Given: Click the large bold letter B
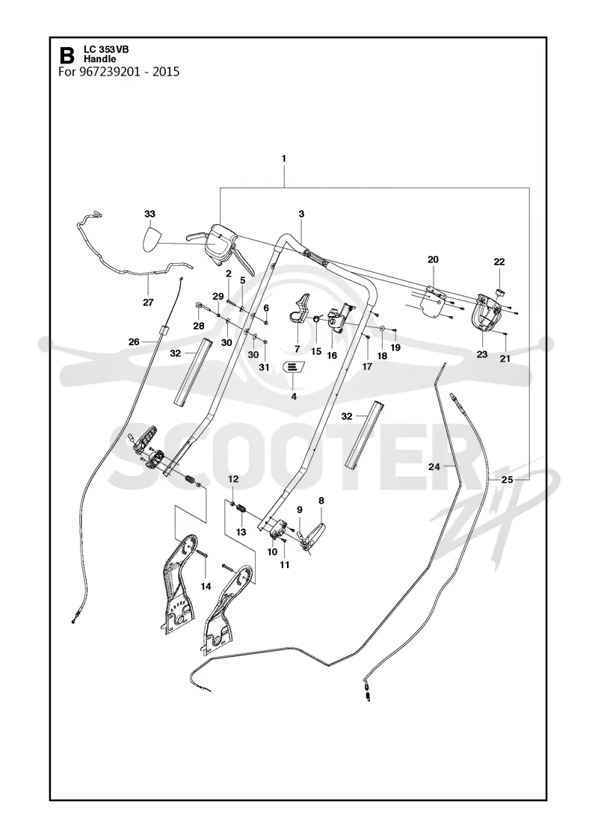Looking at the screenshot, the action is (x=67, y=55).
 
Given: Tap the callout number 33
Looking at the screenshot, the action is (x=149, y=214).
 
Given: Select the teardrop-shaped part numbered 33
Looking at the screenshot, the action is (x=154, y=239).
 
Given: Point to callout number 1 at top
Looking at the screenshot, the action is (x=283, y=158).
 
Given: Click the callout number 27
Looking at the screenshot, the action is (x=148, y=302).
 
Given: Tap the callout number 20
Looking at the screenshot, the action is (x=433, y=259).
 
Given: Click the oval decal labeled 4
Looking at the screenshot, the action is (x=292, y=368).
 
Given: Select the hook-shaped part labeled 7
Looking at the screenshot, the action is (x=300, y=310).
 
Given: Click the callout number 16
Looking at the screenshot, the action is (x=332, y=355).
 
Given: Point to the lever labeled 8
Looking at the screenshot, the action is (x=315, y=535).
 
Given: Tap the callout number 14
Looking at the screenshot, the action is (x=206, y=586).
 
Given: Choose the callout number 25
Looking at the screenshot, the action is (x=507, y=480).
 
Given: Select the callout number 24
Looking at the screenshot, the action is (x=434, y=466).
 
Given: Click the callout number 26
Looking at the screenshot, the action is (x=134, y=342).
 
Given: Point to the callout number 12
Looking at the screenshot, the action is (x=232, y=479).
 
